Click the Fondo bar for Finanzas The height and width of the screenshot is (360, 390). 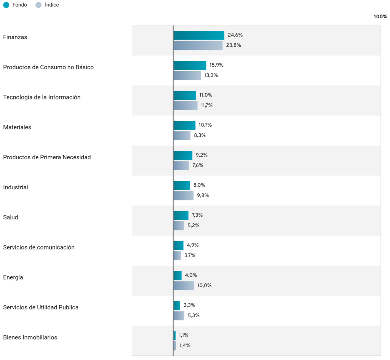[x=199, y=35]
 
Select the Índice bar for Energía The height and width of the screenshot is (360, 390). [x=184, y=286]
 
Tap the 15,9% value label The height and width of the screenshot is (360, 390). [x=216, y=65]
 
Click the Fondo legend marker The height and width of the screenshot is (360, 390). [x=6, y=5]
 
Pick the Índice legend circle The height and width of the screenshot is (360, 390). [x=38, y=5]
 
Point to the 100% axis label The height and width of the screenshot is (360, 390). [x=380, y=17]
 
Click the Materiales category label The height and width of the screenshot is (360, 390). [x=17, y=127]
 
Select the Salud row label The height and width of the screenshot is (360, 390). [x=10, y=218]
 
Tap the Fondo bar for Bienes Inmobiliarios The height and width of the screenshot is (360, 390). [x=175, y=336]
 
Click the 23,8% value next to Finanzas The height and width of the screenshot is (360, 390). [x=233, y=45]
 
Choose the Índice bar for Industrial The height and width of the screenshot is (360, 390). [x=184, y=196]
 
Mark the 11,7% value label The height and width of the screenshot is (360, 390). [x=206, y=106]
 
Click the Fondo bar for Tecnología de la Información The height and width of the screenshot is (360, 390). [x=185, y=96]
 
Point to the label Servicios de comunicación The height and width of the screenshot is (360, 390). [x=39, y=248]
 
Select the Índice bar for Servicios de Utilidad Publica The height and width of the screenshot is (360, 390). [x=179, y=316]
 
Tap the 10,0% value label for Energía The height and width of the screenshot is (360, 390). [x=204, y=286]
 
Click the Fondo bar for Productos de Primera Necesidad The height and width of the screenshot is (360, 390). [x=183, y=155]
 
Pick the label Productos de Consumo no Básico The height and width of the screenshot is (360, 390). [x=48, y=67]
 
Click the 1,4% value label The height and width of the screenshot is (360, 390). [x=185, y=346]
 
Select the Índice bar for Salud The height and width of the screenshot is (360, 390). [x=179, y=226]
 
